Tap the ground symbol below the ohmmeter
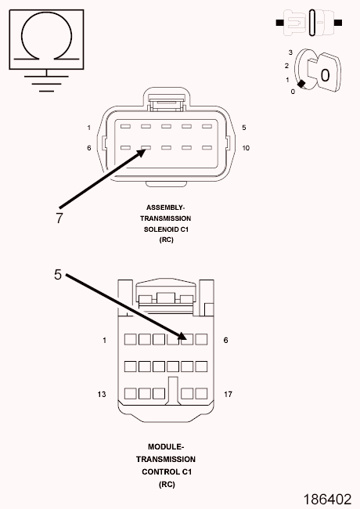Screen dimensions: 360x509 pyautogui.click(x=46, y=84)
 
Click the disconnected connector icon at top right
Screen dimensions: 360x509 pyautogui.click(x=309, y=23)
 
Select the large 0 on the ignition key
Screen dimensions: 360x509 pyautogui.click(x=325, y=75)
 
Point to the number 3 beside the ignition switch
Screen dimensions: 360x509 pyautogui.click(x=290, y=52)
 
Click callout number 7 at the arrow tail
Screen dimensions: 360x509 pyautogui.click(x=59, y=218)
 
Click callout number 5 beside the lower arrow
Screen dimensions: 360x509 pyautogui.click(x=58, y=275)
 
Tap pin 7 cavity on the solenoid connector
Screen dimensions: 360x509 pyautogui.click(x=146, y=148)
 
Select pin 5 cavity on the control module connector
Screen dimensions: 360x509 pyautogui.click(x=187, y=339)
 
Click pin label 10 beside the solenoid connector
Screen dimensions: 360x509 pyautogui.click(x=246, y=148)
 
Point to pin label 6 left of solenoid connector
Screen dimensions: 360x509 pyautogui.click(x=89, y=148)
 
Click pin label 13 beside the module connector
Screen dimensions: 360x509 pyautogui.click(x=102, y=394)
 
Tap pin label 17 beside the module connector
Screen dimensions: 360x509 pyautogui.click(x=228, y=394)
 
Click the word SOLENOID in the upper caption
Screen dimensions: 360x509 pyautogui.click(x=161, y=229)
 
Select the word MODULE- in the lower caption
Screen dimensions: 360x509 pyautogui.click(x=166, y=446)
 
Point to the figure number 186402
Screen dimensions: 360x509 pyautogui.click(x=328, y=500)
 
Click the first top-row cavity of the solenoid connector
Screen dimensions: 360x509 pyautogui.click(x=125, y=126)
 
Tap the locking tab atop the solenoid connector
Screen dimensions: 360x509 pyautogui.click(x=167, y=102)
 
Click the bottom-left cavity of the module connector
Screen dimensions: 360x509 pyautogui.click(x=131, y=393)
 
